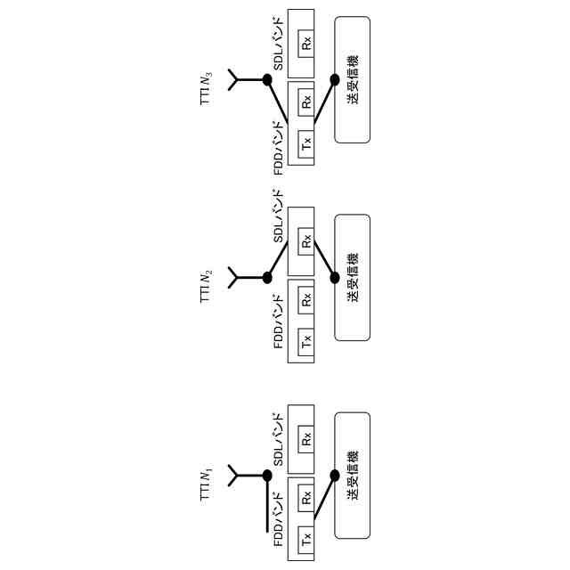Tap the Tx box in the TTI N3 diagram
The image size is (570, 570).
306,141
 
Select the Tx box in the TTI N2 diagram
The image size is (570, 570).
306,339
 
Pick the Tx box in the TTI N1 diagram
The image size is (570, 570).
306,537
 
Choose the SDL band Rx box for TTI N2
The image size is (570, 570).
306,240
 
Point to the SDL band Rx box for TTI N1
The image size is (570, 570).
306,438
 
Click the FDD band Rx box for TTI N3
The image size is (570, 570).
306,102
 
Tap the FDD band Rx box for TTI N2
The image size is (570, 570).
306,300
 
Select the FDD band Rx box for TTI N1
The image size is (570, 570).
306,498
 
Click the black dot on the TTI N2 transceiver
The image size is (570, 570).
335,277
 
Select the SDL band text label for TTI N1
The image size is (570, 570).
278,439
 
